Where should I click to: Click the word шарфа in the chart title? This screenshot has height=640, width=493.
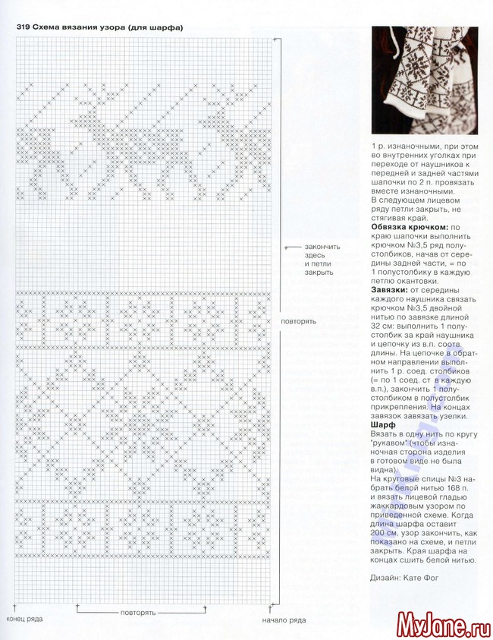[x=164, y=28]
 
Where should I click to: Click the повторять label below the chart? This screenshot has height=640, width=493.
[x=137, y=612]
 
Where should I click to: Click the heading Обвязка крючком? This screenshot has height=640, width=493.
[x=410, y=227]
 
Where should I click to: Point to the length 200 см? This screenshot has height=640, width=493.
[x=384, y=534]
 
